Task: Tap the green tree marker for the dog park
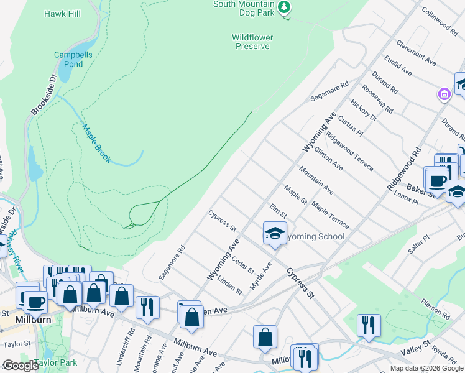284,7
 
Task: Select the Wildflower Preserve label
252,42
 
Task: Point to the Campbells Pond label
73,59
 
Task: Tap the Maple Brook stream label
96,144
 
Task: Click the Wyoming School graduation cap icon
274,233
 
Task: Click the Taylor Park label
55,362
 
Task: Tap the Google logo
21,366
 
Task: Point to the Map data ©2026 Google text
426,368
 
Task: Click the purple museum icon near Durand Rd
444,94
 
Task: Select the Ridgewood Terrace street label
350,153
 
